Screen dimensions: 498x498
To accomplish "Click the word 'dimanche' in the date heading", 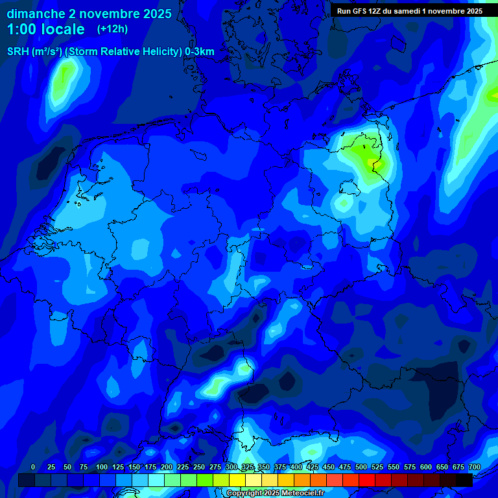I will [x=36, y=14].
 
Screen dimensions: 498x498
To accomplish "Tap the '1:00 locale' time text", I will [x=46, y=29].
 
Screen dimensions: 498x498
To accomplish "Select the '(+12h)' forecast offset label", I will [x=112, y=29].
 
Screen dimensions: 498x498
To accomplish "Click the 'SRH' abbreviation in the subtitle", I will [x=18, y=52].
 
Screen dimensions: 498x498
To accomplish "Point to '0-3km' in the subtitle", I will [x=199, y=52].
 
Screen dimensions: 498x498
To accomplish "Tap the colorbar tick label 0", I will [x=33, y=467].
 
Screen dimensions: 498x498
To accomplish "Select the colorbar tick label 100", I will [x=102, y=467].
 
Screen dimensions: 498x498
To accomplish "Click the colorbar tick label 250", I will [x=199, y=467].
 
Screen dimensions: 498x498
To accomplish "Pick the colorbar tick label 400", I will [x=296, y=467].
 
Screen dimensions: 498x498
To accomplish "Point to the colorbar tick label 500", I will [x=361, y=467].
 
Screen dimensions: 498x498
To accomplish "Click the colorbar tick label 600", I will [x=426, y=467].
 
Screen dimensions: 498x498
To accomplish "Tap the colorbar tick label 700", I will [x=475, y=467].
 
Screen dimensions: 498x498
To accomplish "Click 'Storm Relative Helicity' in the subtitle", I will [x=125, y=52].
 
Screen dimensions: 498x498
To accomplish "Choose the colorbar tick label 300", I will [x=231, y=467].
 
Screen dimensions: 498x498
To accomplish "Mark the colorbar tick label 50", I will [x=67, y=467].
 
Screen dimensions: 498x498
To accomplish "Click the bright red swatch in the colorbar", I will [x=367, y=480].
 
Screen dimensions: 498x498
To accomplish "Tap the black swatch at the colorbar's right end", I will [x=464, y=480].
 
